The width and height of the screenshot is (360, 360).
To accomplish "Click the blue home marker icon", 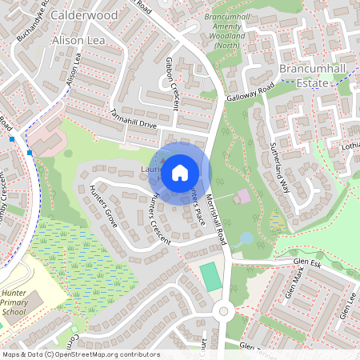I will coord(180,172).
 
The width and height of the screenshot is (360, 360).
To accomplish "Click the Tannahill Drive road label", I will coord(134,122).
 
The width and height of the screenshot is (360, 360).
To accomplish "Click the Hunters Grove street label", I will coord(104,206).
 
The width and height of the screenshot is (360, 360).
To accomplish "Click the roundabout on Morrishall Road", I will coord(224,311).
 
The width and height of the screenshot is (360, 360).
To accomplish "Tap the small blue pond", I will coord(246,238).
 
